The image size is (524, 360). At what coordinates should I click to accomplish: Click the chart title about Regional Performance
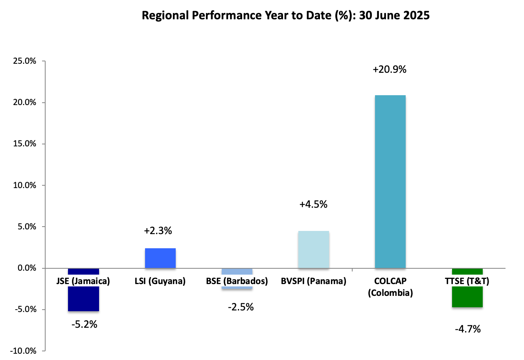pyautogui.click(x=285, y=16)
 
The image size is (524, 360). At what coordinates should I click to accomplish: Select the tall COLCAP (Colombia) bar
pyautogui.click(x=390, y=181)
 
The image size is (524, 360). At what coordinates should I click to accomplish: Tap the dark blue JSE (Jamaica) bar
pyautogui.click(x=83, y=299)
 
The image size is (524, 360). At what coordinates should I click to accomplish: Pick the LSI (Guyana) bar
pyautogui.click(x=160, y=258)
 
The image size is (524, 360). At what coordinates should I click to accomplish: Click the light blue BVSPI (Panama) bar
pyautogui.click(x=313, y=249)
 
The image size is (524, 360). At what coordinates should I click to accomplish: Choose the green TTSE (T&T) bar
pyautogui.click(x=467, y=297)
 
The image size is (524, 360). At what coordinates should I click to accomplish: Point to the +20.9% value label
pyautogui.click(x=390, y=70)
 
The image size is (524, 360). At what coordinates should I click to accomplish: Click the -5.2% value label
pyautogui.click(x=84, y=325)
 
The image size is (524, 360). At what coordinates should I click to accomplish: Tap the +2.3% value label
pyautogui.click(x=158, y=231)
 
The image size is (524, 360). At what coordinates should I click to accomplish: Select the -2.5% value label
pyautogui.click(x=241, y=307)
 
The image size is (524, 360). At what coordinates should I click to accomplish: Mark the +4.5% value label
pyautogui.click(x=313, y=205)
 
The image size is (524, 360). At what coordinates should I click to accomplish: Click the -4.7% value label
pyautogui.click(x=468, y=329)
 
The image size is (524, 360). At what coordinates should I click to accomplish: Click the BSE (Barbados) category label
pyautogui.click(x=237, y=281)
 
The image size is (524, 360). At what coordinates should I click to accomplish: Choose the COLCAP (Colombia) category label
pyautogui.click(x=390, y=287)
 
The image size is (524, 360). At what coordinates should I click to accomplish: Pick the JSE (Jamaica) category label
pyautogui.click(x=83, y=281)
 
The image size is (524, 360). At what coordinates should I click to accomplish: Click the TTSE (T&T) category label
pyautogui.click(x=467, y=281)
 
